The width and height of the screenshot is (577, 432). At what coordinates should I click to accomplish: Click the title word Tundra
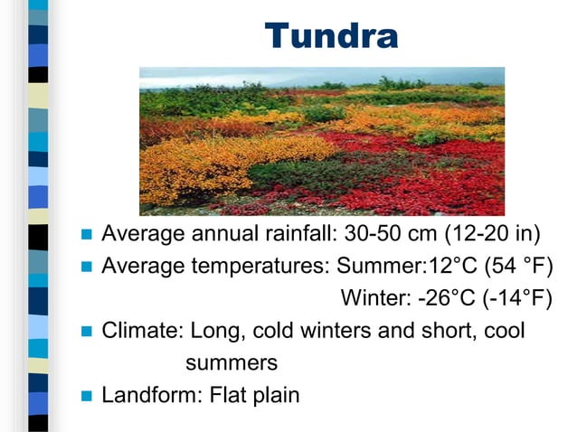(x=331, y=36)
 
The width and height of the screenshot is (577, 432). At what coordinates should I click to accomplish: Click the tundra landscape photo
(x=321, y=140)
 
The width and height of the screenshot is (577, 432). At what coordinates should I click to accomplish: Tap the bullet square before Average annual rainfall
(x=88, y=236)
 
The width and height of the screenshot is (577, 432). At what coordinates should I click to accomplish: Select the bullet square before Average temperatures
(x=88, y=268)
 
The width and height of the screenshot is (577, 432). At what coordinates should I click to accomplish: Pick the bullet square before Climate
(x=88, y=331)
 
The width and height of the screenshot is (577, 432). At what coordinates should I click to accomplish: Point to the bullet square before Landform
(x=88, y=395)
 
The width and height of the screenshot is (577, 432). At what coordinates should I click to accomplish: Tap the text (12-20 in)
(x=492, y=235)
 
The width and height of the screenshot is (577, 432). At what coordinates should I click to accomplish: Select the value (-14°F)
(x=517, y=298)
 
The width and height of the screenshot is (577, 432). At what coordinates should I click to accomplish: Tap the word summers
(x=231, y=362)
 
